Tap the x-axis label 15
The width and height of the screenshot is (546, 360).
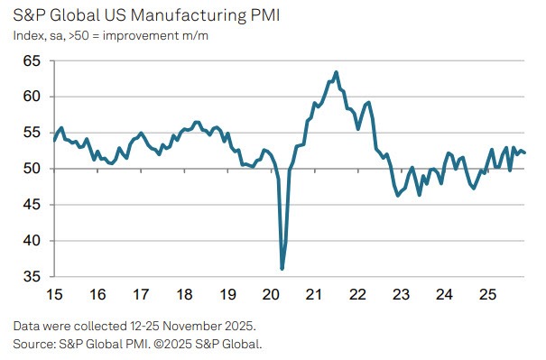tap(54, 295)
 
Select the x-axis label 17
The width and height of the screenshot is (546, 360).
tap(142, 295)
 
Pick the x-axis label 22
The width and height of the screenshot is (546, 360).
tap(358, 295)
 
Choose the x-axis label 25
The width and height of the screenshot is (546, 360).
tap(488, 295)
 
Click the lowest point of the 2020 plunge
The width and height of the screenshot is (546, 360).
tap(282, 269)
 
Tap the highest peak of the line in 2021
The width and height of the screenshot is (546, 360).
tap(336, 72)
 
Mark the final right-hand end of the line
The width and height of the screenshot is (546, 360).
tap(525, 152)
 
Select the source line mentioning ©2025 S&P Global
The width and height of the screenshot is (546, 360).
tap(137, 344)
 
